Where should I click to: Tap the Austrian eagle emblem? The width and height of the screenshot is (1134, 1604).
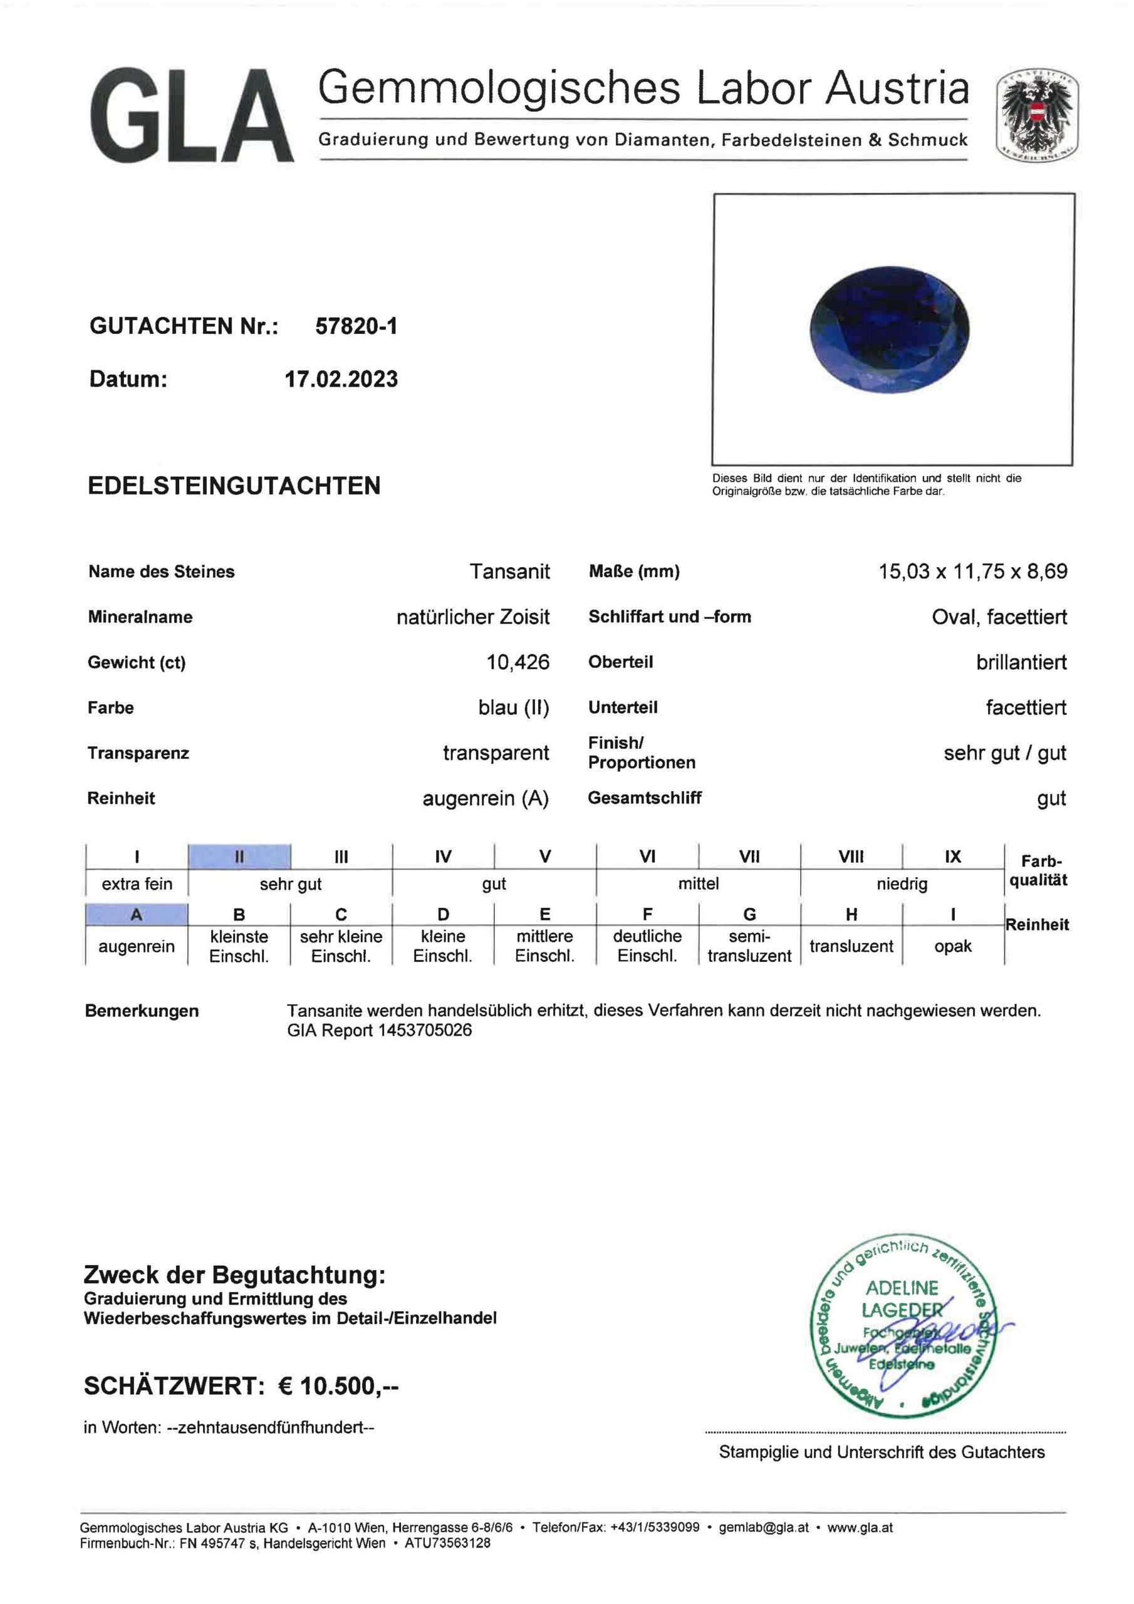[x=1036, y=115]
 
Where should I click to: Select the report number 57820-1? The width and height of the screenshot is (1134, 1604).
[x=356, y=326]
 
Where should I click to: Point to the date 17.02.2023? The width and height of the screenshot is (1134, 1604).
[x=341, y=379]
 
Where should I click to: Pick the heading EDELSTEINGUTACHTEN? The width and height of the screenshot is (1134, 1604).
[x=234, y=486]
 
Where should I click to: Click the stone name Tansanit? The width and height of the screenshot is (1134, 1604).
[x=509, y=571]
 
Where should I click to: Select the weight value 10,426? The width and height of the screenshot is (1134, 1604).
[x=518, y=662]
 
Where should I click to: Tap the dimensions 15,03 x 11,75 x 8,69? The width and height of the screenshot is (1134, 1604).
[x=972, y=571]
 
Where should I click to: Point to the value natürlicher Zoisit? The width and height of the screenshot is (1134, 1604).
[x=473, y=617]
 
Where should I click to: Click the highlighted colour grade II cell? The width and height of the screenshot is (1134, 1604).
[x=239, y=857]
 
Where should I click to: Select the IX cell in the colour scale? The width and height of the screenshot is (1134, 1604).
[x=952, y=857]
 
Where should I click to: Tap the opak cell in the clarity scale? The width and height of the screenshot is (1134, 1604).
[x=952, y=946]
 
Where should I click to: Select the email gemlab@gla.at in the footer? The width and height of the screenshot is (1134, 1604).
[x=763, y=1527]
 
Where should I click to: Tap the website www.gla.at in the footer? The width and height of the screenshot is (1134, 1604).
[x=860, y=1527]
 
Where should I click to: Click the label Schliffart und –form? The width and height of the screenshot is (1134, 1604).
[x=669, y=617]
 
